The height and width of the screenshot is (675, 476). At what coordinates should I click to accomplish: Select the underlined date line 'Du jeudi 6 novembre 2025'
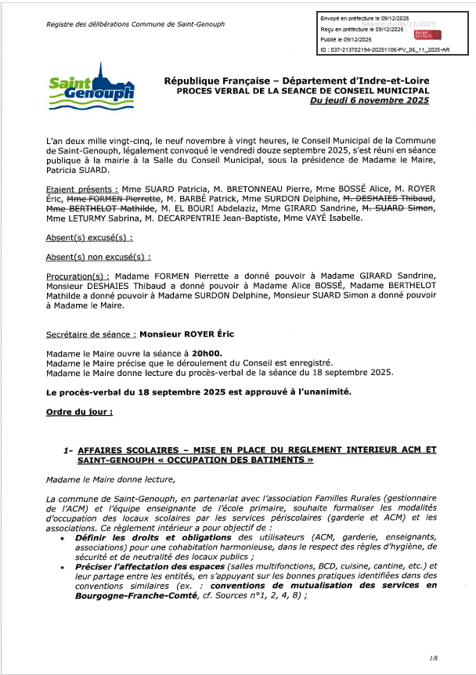tap(370, 101)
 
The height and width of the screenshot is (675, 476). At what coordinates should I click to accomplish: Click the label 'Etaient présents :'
tap(82, 190)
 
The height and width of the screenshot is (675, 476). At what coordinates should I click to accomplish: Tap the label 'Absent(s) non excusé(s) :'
tap(99, 256)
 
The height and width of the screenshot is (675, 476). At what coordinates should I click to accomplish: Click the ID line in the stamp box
tap(384, 49)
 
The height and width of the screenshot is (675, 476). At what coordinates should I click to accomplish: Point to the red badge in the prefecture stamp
tap(427, 34)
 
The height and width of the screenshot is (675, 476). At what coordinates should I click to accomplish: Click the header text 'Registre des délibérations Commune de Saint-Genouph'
tap(135, 23)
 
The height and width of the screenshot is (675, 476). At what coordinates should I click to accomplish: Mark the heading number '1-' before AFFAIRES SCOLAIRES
tap(68, 450)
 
